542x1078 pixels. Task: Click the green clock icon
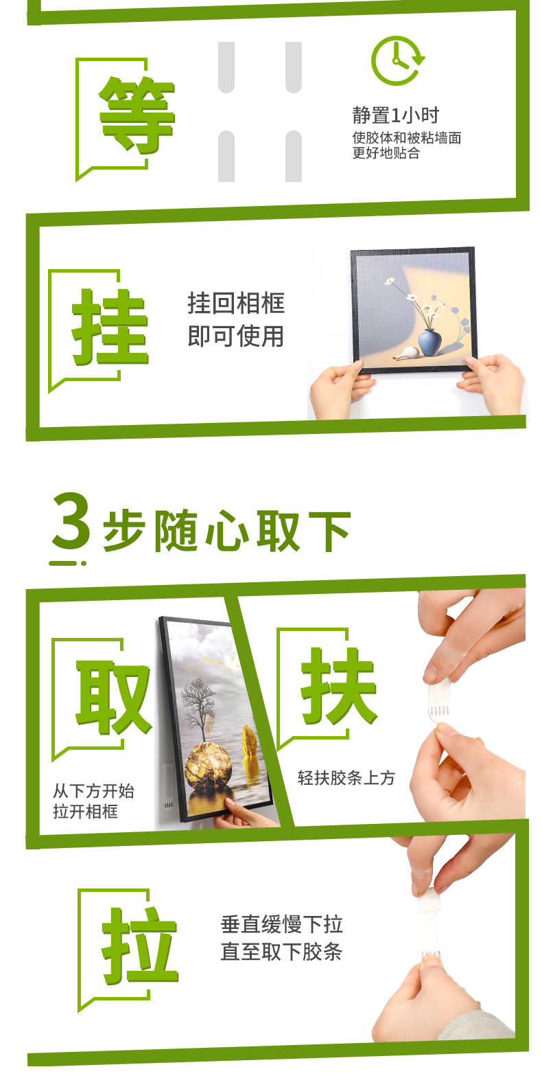click(397, 60)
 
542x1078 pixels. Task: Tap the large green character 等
click(137, 115)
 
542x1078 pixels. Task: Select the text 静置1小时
click(396, 115)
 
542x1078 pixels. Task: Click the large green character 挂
click(110, 327)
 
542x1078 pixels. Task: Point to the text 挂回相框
click(235, 303)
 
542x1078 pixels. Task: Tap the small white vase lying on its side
click(404, 354)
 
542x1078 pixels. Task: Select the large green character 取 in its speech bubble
click(113, 698)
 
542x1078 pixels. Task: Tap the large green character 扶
click(338, 686)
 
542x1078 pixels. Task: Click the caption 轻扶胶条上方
click(346, 778)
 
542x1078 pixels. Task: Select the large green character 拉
click(139, 945)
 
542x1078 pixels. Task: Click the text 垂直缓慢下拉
click(281, 924)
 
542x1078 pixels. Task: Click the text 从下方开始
click(93, 791)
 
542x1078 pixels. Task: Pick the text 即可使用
click(235, 336)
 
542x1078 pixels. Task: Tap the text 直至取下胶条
click(281, 952)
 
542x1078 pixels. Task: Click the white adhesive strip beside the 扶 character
click(439, 702)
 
